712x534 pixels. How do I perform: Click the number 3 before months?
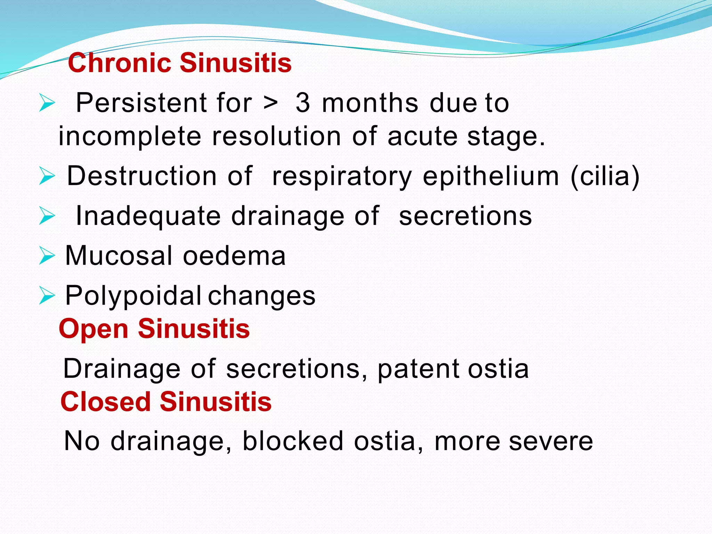[302, 103]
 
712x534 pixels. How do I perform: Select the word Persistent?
[141, 103]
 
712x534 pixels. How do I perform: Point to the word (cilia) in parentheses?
[605, 176]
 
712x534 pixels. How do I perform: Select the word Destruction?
[142, 176]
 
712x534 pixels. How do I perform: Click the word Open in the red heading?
[94, 329]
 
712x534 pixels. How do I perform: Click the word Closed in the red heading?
[105, 402]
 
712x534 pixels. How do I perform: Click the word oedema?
[234, 256]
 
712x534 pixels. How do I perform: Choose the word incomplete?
[130, 136]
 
